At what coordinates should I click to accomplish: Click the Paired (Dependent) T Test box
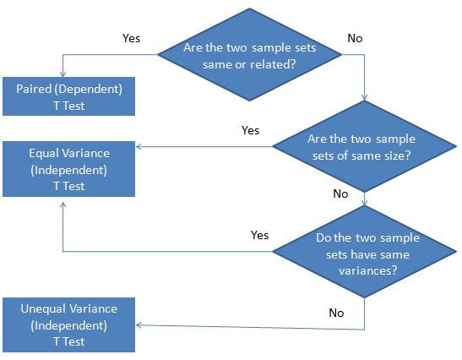click(68, 96)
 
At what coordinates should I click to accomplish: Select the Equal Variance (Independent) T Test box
click(68, 169)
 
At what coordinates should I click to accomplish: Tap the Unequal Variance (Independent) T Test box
click(68, 325)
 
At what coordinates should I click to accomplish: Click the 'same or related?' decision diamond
click(249, 55)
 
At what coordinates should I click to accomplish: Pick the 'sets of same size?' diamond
click(365, 146)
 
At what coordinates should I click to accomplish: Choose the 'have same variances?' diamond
click(365, 252)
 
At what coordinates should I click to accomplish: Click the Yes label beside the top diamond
click(131, 38)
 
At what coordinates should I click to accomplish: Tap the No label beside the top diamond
click(355, 38)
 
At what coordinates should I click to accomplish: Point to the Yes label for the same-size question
click(250, 130)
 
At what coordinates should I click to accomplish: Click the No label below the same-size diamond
click(340, 194)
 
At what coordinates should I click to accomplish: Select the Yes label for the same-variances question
click(259, 235)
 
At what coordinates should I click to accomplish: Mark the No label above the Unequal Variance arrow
click(336, 313)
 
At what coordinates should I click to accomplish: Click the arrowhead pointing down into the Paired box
click(63, 74)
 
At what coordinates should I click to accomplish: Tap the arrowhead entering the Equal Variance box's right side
click(139, 146)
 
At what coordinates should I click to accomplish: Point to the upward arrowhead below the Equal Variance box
click(63, 205)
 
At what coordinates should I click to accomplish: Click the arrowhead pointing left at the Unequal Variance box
click(139, 325)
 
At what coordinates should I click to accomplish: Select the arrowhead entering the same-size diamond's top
click(365, 97)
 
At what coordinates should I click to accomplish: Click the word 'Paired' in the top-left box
click(34, 89)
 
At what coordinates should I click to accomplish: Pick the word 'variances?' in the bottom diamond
click(367, 270)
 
